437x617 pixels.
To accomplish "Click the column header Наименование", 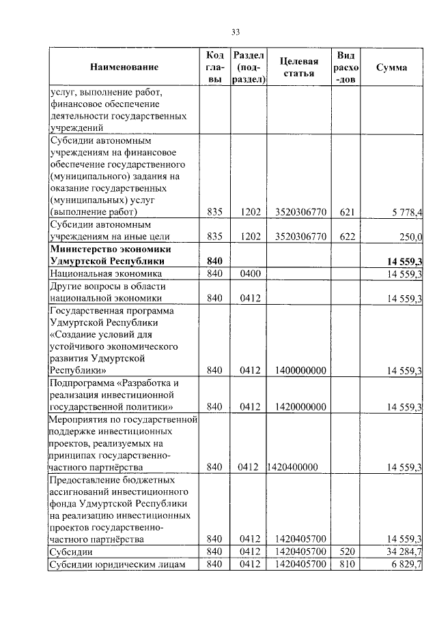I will pyautogui.click(x=124, y=67).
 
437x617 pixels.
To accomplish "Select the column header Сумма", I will pyautogui.click(x=392, y=67).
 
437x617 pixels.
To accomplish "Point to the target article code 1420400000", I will pyautogui.click(x=293, y=467).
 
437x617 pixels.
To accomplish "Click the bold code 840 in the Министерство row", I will pyautogui.click(x=214, y=261).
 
